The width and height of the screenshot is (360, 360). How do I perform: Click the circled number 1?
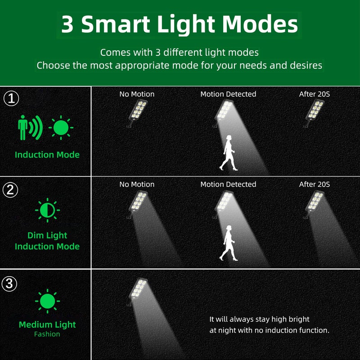point(11,98)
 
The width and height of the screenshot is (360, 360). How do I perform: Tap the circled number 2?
point(10,190)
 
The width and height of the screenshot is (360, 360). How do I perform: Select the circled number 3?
point(9,283)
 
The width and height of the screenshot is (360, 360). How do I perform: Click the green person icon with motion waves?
point(30,128)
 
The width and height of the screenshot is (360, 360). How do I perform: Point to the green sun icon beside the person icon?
point(61,128)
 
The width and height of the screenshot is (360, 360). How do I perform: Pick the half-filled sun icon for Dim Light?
point(48,210)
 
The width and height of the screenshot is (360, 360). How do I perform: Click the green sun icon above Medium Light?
point(48,301)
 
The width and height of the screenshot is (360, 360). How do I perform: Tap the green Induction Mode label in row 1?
point(47,155)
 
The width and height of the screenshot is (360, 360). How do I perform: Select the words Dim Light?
point(47,235)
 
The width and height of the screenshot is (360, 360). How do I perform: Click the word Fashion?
point(47,334)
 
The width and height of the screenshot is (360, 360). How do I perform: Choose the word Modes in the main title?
point(260,24)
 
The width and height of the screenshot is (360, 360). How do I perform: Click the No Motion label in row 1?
point(137,94)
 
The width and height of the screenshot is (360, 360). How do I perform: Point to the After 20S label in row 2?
point(314,184)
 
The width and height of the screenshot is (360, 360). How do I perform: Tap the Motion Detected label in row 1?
point(228,94)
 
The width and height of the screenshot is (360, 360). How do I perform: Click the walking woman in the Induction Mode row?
point(229,153)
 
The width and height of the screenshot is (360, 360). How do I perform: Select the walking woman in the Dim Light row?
point(229,243)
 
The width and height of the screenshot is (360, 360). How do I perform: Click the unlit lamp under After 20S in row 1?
point(314,113)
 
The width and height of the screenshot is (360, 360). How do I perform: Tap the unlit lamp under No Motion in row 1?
point(137,113)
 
